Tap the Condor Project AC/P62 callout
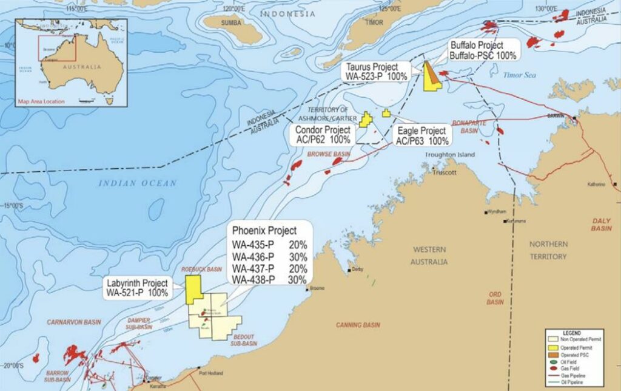coord(323,135)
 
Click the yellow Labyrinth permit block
coord(193,289)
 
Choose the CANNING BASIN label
coord(358,325)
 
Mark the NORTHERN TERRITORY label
coord(548,250)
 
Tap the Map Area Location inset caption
coord(41,101)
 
